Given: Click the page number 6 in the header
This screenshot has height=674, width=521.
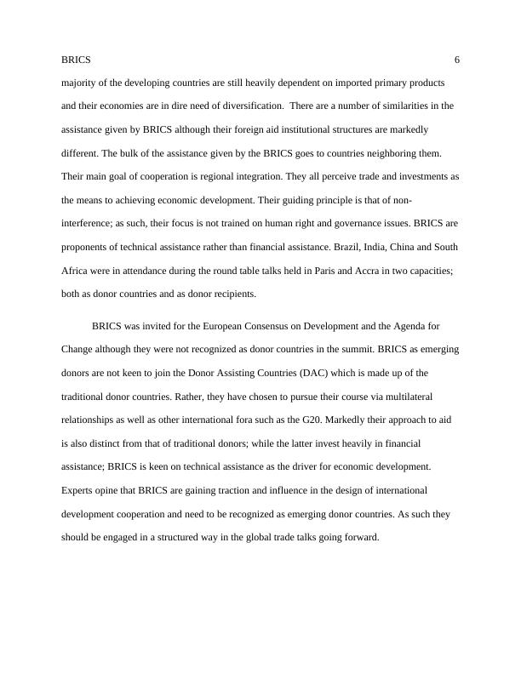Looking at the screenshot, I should tap(457, 60).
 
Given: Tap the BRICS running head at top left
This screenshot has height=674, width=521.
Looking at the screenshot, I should tap(77, 60).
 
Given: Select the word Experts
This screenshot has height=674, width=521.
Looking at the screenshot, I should tap(79, 490).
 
